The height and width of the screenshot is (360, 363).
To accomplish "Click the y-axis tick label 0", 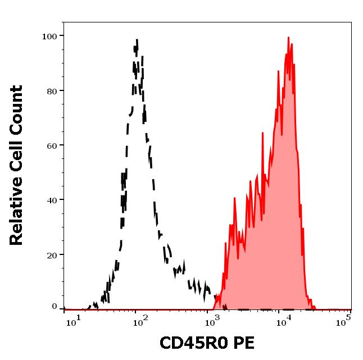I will (x=55, y=307).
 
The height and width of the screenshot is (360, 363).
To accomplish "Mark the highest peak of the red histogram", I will (x=288, y=38).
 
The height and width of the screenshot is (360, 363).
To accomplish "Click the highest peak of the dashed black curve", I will (x=137, y=40).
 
